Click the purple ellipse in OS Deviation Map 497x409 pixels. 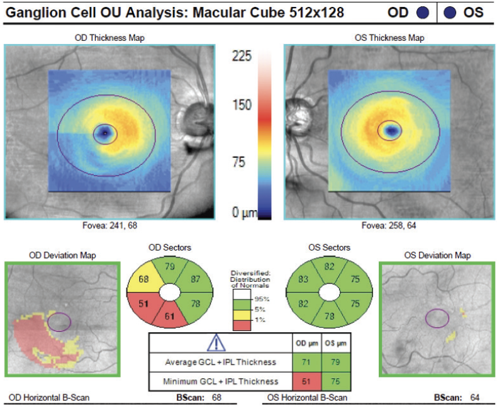coord(437,318)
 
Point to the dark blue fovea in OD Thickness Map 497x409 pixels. coord(104,132)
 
